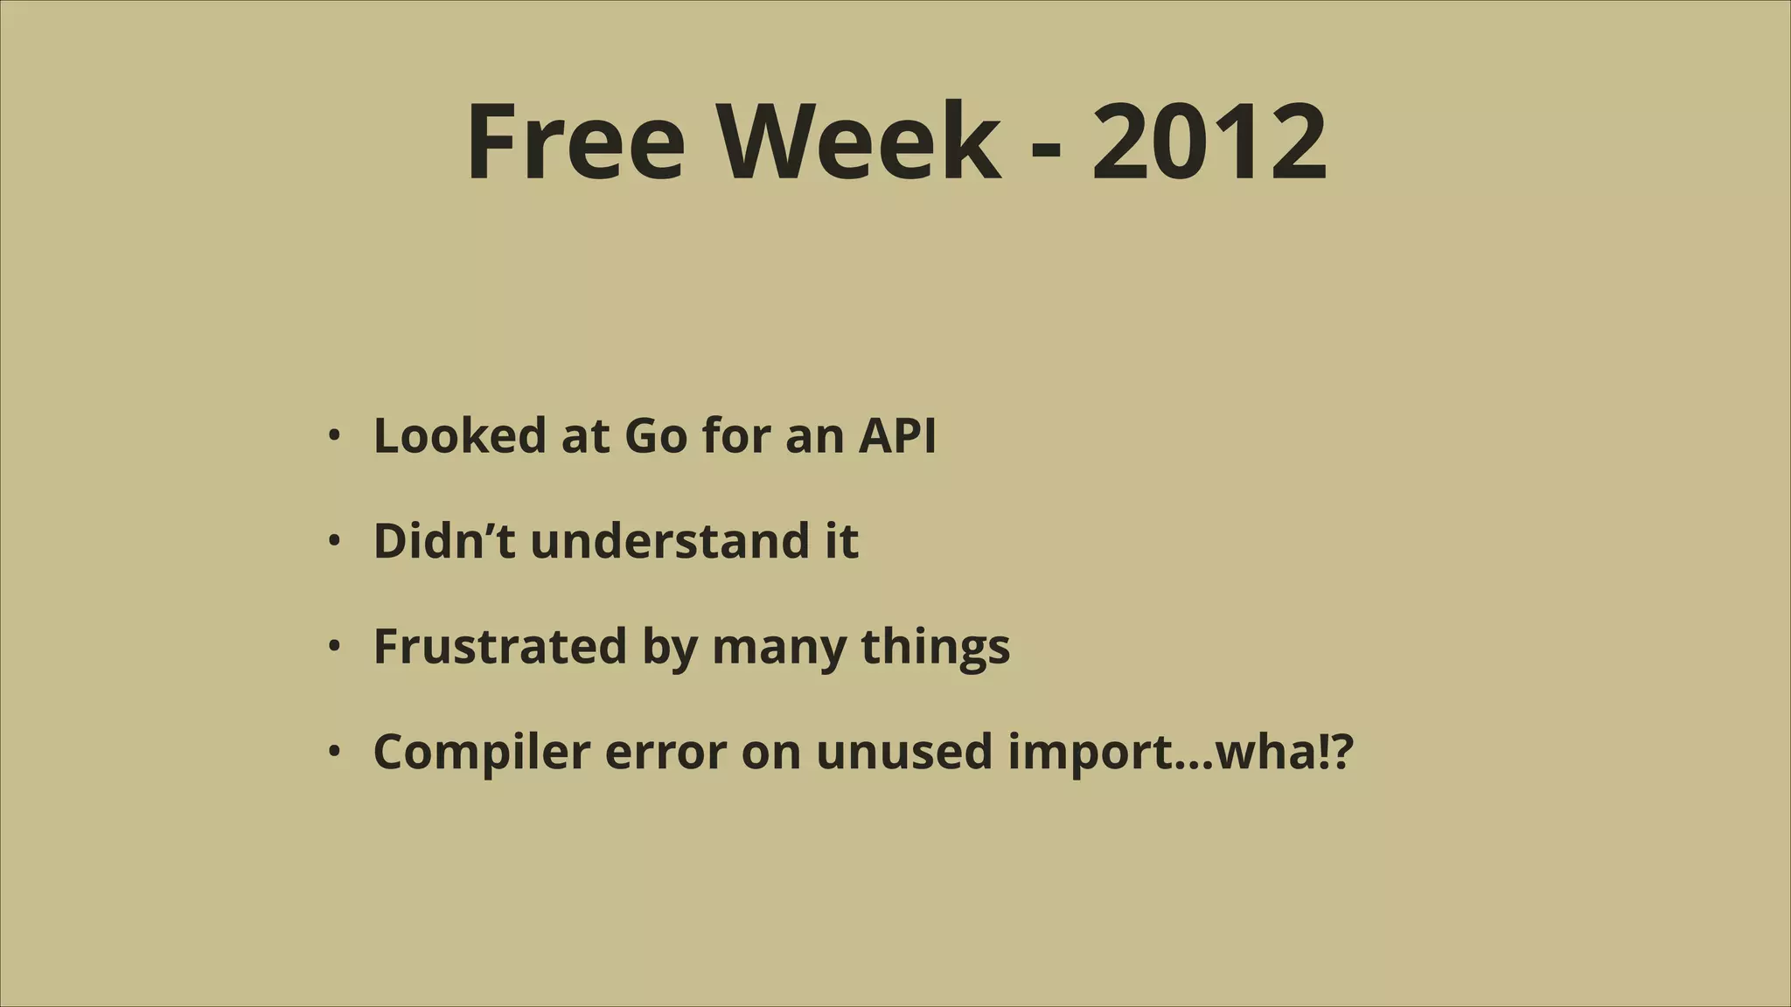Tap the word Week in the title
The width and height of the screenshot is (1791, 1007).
859,142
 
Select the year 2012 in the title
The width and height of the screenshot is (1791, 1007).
1209,142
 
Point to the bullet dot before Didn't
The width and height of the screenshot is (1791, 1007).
333,541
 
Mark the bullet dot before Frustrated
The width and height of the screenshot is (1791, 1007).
333,647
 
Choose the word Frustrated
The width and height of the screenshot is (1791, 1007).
500,647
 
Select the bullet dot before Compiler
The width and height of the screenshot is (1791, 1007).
333,752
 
